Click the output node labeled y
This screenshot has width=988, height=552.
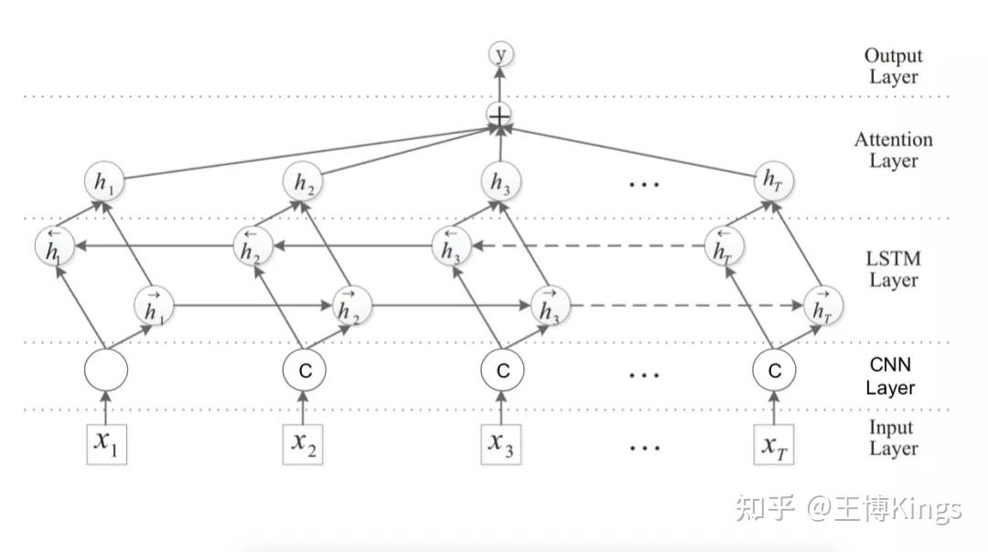[x=500, y=55]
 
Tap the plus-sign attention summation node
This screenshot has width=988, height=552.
[x=500, y=116]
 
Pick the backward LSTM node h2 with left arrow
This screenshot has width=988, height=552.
[x=254, y=245]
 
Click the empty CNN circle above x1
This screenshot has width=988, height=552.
[x=105, y=371]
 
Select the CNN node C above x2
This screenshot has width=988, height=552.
[x=303, y=371]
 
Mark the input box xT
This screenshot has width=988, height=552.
[x=775, y=443]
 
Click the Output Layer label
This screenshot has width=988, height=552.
[x=893, y=66]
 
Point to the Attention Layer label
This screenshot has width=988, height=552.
[x=893, y=150]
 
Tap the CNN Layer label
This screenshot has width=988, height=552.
[x=890, y=376]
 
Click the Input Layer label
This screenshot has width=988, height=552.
[x=893, y=438]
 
